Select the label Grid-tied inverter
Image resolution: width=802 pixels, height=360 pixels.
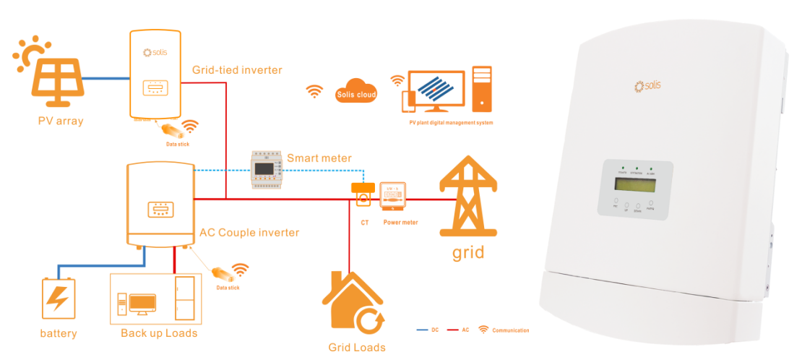pos(237,70)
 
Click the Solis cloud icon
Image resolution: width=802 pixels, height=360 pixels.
pos(356,91)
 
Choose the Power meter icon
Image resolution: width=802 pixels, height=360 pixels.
pos(392,196)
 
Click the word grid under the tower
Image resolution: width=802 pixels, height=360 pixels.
pos(467,253)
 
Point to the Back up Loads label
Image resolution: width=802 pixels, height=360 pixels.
pos(159,333)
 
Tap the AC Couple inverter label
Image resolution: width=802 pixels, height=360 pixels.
pos(249,233)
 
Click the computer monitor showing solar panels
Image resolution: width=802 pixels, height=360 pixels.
pos(432,90)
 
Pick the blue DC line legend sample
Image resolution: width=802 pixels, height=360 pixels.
pos(422,330)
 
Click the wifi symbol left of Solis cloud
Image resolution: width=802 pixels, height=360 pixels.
pos(314,91)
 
